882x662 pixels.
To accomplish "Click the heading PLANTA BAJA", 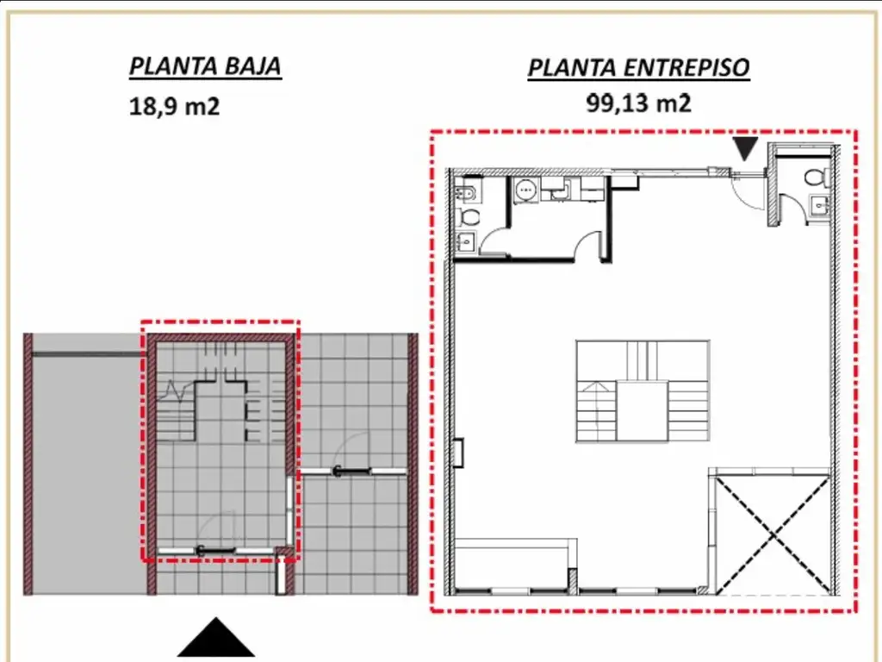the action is (205, 66).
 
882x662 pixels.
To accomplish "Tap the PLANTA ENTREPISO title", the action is (638, 67).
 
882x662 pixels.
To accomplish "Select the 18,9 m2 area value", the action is (174, 106).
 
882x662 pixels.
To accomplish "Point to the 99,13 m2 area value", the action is (638, 103).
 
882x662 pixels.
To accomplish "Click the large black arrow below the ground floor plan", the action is (216, 640).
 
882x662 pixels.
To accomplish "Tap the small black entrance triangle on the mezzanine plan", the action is (746, 147).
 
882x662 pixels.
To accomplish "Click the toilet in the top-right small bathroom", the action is (817, 178).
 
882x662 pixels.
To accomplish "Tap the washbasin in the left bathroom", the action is (465, 242).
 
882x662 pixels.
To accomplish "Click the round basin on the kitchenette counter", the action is (526, 190).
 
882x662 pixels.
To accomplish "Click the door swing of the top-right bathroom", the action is (792, 207).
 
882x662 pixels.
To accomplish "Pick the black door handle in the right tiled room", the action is (353, 472).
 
